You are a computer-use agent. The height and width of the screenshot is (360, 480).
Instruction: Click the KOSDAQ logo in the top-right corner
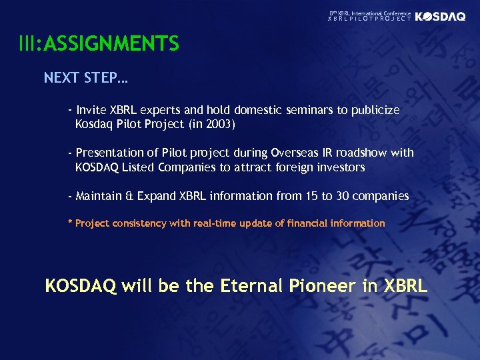pos(440,17)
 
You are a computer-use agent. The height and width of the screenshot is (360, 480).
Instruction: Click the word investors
pos(339,167)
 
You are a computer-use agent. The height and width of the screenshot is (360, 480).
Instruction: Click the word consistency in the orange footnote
pos(141,223)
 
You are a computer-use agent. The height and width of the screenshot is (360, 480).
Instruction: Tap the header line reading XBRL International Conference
pos(370,13)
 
